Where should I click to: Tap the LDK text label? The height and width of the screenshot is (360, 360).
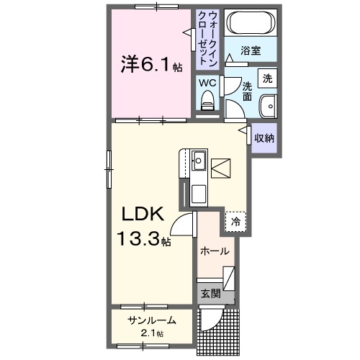(x=140, y=215)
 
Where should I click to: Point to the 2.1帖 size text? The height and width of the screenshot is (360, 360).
(x=152, y=333)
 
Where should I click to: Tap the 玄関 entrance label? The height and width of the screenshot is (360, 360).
(x=210, y=293)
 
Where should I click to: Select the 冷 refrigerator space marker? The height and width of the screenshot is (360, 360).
(x=235, y=222)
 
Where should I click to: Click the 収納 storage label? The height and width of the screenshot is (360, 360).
(x=264, y=138)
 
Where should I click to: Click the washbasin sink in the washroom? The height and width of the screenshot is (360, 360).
(x=269, y=104)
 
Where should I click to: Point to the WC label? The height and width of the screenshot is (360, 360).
(x=208, y=84)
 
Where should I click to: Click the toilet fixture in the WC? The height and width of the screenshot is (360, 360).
(x=209, y=104)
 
